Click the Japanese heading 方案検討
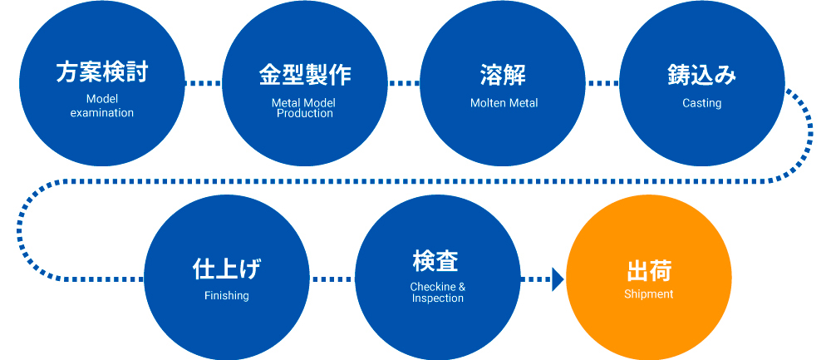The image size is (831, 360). click(101, 74)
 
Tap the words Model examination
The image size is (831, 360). click(101, 106)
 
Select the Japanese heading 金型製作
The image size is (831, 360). click(304, 74)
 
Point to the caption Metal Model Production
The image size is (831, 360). click(304, 107)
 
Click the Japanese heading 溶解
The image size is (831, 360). click(504, 74)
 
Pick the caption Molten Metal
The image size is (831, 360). click(504, 103)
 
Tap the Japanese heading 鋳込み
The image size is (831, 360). click(701, 74)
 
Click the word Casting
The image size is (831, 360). click(701, 103)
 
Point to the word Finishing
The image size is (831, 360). click(226, 295)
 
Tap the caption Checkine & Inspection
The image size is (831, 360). click(437, 293)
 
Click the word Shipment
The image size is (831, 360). click(648, 294)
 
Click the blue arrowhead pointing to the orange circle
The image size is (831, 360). click(558, 279)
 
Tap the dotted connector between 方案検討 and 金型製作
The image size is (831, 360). click(203, 83)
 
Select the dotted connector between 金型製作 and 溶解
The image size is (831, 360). click(404, 83)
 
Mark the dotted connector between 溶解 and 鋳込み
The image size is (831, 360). click(602, 83)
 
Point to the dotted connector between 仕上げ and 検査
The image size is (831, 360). click(332, 279)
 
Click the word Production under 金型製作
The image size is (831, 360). click(304, 113)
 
